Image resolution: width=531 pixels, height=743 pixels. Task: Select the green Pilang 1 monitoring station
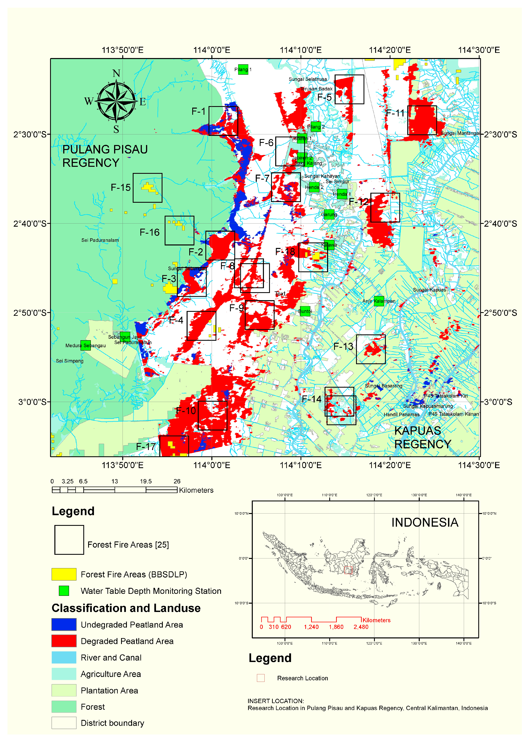click(x=243, y=69)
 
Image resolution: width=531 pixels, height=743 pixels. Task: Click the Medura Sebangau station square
click(x=86, y=345)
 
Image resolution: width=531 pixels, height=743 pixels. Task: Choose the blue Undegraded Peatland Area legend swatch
click(x=64, y=624)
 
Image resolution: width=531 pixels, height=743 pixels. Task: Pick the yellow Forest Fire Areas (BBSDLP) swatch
click(x=64, y=574)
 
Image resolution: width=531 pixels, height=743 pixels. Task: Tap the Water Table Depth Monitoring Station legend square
click(x=64, y=591)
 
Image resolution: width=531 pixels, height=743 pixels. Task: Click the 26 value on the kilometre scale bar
click(x=177, y=481)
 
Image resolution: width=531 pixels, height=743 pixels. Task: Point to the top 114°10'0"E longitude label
click(x=301, y=50)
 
